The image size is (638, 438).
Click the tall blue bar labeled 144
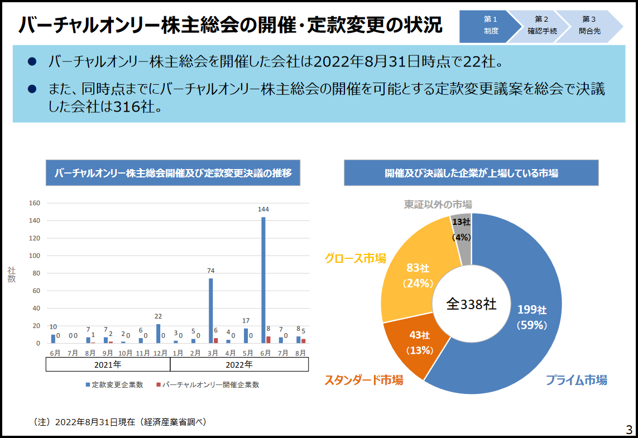coord(263,279)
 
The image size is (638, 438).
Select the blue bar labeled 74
coord(210,310)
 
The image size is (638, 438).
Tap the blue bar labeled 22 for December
coord(158,334)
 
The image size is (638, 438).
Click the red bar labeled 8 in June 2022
coord(268,340)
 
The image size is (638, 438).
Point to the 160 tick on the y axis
coord(34,204)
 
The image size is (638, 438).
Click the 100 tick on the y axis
coord(34,256)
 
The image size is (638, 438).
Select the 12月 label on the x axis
coord(161,353)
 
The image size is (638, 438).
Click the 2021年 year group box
coord(108,365)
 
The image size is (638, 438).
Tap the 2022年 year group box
coord(239,365)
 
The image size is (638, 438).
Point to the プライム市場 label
coord(576,381)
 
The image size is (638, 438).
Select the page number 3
coord(629,430)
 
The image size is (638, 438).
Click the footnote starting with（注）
coord(120,422)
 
